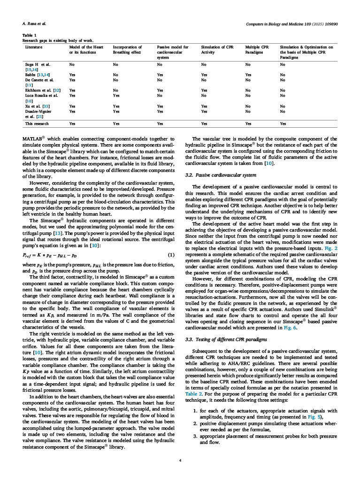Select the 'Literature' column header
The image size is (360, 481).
coord(33,47)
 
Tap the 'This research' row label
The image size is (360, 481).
coord(35,124)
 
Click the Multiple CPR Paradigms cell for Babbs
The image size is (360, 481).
coord(249,74)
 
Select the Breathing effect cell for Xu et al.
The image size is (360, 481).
coord(116,106)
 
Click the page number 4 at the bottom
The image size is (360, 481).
coord(180,460)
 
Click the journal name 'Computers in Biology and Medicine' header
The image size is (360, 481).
coord(291,23)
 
